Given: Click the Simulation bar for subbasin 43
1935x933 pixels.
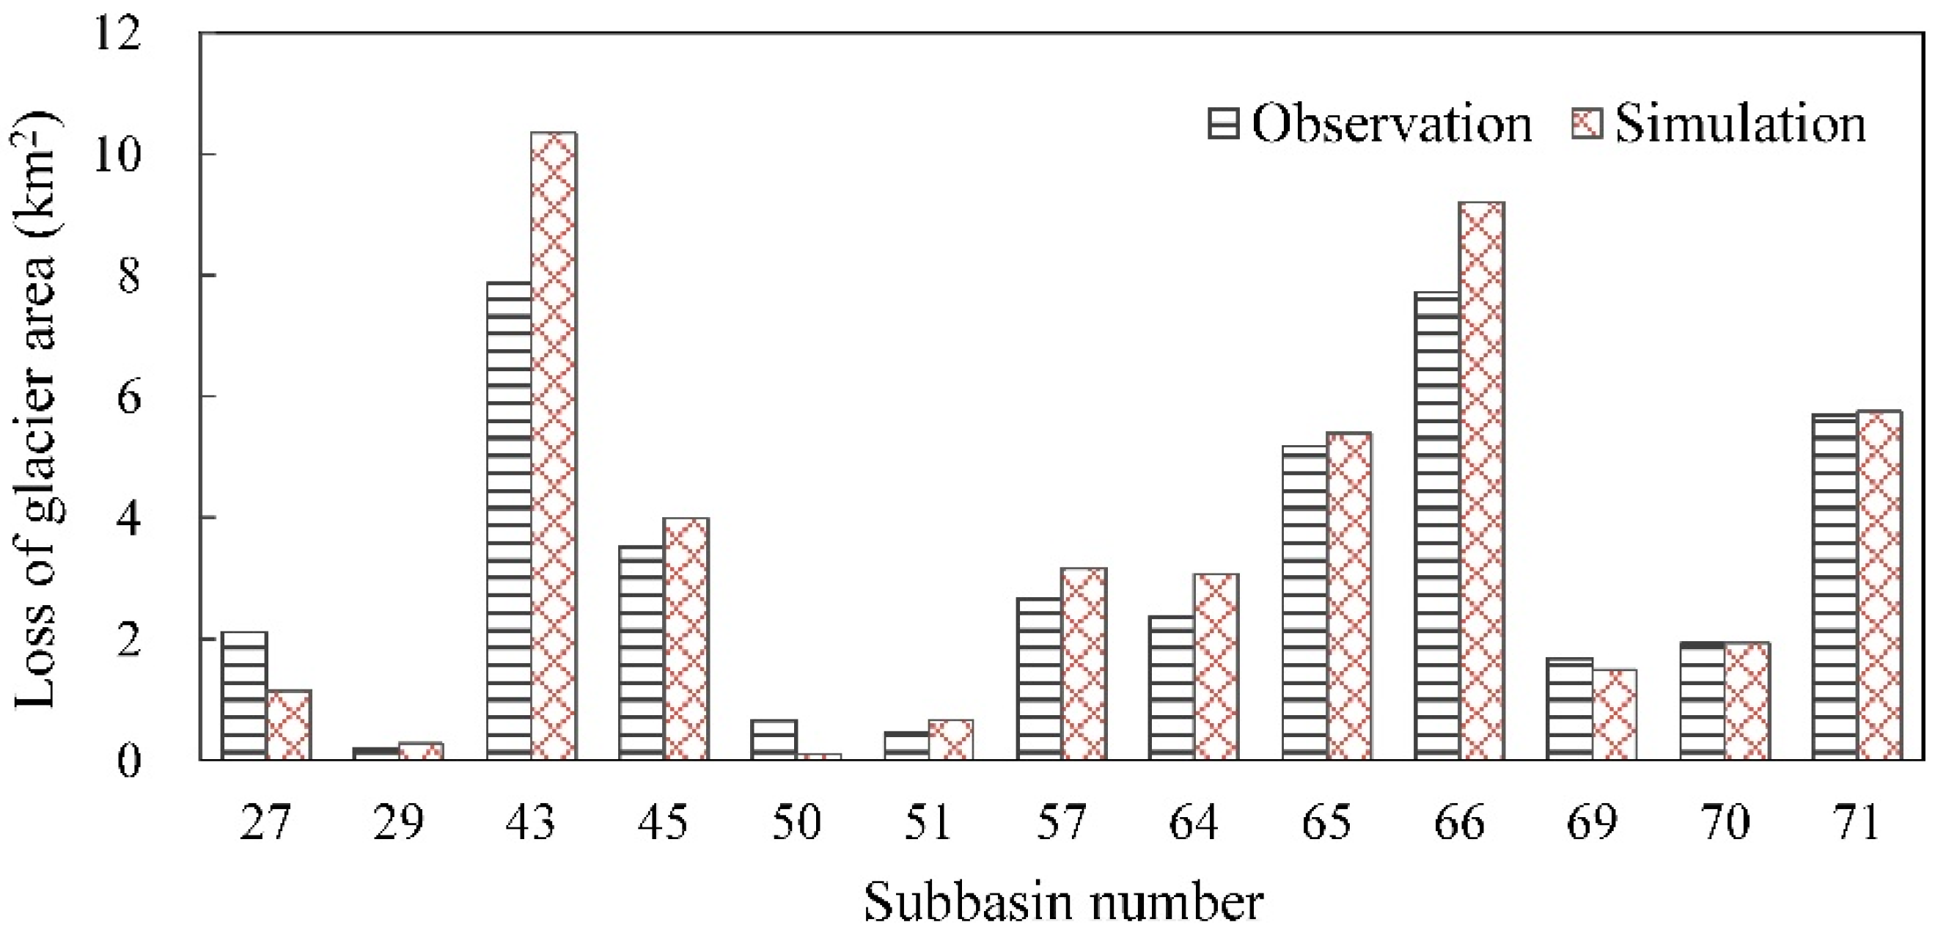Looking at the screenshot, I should (554, 446).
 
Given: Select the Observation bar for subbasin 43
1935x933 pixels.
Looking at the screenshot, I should (510, 522).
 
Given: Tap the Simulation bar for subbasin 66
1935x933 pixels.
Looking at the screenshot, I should (1481, 480).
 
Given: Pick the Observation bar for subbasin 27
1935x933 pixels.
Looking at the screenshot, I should (244, 695).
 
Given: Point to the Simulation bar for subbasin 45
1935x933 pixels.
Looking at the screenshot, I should (686, 639).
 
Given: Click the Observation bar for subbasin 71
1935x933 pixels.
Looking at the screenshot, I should (1835, 587).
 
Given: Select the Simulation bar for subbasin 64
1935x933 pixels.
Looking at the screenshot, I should (1216, 667).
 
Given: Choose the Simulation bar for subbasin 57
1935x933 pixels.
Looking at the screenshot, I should (1083, 664).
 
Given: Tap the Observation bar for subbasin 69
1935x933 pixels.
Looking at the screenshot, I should (1570, 709).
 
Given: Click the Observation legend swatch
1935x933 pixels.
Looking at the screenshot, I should (1224, 123).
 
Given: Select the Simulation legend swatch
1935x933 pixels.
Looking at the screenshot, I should (1587, 123).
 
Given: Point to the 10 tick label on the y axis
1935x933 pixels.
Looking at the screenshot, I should (117, 155).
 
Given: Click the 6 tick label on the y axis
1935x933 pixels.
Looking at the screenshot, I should (128, 398).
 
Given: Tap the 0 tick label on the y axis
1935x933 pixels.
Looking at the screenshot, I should (128, 761).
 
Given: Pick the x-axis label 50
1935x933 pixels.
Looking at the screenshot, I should (796, 822).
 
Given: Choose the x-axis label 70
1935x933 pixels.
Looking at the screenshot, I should (1725, 822).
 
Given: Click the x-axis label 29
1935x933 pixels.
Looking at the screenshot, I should (398, 822).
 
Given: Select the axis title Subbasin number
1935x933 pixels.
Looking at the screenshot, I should (1063, 901).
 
